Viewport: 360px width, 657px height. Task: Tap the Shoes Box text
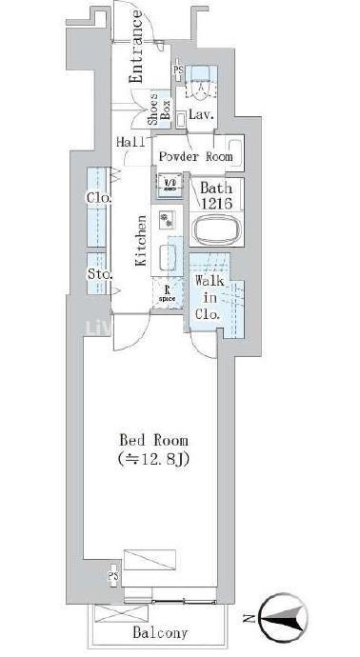(x=158, y=112)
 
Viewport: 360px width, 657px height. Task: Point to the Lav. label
(x=200, y=114)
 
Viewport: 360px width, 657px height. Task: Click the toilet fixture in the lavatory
(x=202, y=84)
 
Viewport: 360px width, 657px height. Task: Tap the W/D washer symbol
(x=170, y=183)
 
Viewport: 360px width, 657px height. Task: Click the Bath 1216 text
(x=215, y=195)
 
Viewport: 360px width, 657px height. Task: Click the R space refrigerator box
(x=168, y=293)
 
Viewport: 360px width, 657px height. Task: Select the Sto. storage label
(x=99, y=275)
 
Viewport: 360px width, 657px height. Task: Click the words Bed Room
(x=152, y=441)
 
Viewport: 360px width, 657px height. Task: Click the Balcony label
(x=159, y=632)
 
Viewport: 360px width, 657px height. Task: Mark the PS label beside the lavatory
(x=178, y=71)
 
